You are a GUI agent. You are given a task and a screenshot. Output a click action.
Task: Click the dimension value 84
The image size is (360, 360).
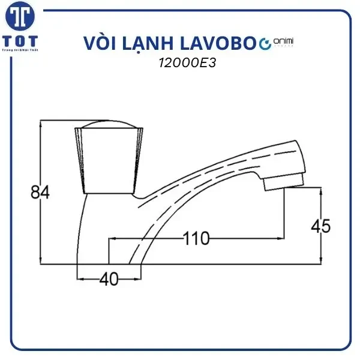coord(39,193)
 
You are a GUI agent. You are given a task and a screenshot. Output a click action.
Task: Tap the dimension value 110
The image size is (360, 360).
coord(196,239)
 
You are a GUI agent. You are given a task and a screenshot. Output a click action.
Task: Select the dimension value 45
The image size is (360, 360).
coord(320,226)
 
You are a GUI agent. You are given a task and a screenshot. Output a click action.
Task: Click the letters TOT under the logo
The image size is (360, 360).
coord(21,42)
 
